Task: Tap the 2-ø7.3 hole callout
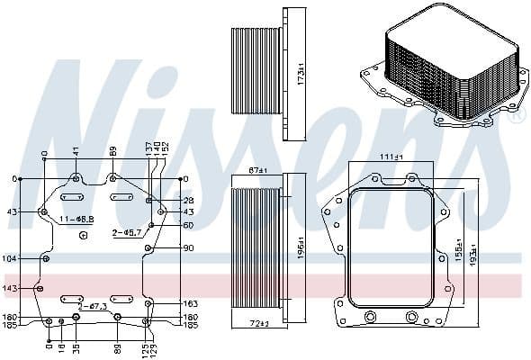pyautogui.click(x=93, y=307)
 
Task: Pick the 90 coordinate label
pyautogui.click(x=188, y=247)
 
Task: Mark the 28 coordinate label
pyautogui.click(x=188, y=200)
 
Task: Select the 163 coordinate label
pyautogui.click(x=190, y=304)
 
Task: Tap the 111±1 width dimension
pyautogui.click(x=391, y=157)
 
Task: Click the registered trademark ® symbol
pyautogui.click(x=516, y=116)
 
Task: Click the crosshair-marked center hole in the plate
pyautogui.click(x=83, y=236)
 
